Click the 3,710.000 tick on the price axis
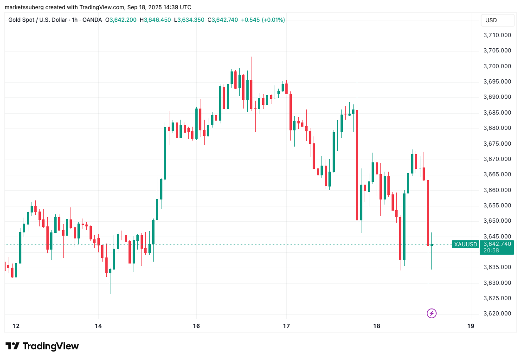tap(497, 35)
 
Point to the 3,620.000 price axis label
tap(497, 314)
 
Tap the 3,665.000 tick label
tap(497, 174)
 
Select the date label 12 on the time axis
tap(16, 326)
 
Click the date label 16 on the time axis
tap(196, 326)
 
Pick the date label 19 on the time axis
tap(470, 326)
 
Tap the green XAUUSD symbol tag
tap(465, 244)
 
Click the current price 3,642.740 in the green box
tap(497, 244)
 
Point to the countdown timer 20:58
tap(491, 251)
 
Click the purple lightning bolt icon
tap(431, 314)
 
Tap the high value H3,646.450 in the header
tap(157, 20)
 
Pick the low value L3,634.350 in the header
tap(191, 20)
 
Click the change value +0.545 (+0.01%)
tap(263, 20)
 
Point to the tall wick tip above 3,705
tap(357, 44)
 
